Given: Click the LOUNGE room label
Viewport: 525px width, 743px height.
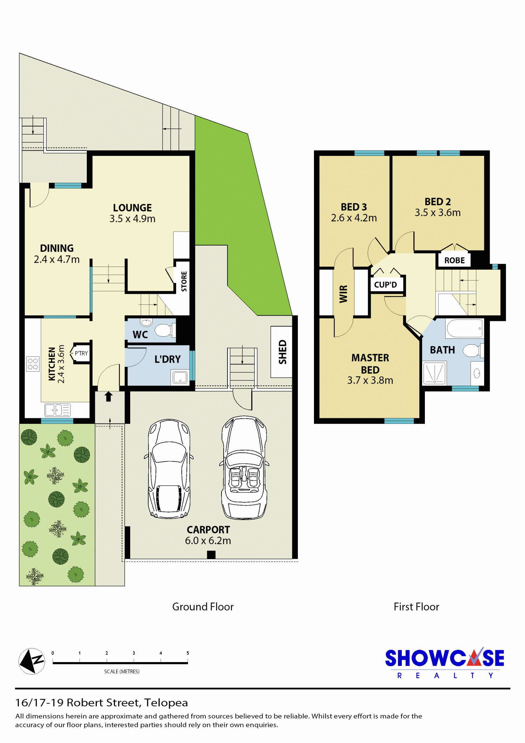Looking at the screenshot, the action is coord(132,208).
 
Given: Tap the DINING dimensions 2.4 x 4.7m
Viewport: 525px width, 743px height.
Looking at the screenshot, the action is coord(57,260).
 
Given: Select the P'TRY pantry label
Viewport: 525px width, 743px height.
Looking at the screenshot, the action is coord(81,353).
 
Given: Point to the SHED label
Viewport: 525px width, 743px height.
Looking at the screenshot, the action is coord(282,352).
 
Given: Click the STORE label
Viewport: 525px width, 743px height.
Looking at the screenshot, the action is coord(184,281).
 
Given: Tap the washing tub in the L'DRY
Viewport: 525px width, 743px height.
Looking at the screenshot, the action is coord(180,377).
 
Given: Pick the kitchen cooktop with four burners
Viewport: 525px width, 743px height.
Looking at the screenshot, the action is coord(33,364).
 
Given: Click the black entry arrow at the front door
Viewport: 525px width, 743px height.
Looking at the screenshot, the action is coord(108,396).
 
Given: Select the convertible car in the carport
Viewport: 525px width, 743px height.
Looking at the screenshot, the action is coord(244,468).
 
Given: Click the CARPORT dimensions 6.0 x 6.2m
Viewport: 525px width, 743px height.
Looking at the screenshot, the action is coord(208,541).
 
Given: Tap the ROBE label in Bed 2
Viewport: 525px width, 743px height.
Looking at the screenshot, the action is coord(454,261).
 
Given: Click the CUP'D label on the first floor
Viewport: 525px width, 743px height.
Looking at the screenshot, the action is coord(385,285).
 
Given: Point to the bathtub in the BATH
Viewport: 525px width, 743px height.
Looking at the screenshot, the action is coord(465,328).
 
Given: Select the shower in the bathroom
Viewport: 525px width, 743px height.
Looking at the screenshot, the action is coord(434,373).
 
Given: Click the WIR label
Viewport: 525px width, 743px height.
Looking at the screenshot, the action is coord(343,294).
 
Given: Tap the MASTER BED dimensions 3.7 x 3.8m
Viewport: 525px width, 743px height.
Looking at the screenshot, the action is coord(370,380).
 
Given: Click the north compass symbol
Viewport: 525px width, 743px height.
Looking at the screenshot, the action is coord(32,661).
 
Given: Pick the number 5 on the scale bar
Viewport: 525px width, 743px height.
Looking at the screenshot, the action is coord(188,653).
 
